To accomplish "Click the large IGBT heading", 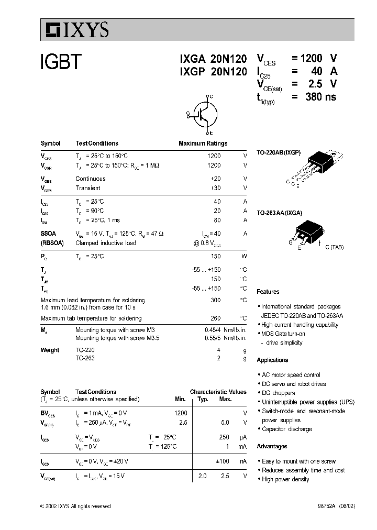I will coord(61,63).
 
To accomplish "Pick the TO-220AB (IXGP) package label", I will coord(279,152).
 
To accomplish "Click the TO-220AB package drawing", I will coord(319,166).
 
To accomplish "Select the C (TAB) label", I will coord(334,247).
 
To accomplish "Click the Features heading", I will coord(268,292).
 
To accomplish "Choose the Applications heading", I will coord(272,360).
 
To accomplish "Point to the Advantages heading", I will coord(272,446).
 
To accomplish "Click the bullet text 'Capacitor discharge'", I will coord(286,429).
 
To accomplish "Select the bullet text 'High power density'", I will coord(285,479).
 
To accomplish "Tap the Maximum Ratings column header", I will coord(203,143).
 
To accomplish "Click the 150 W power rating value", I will coord(215,256).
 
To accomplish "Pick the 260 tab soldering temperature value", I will coord(215,318).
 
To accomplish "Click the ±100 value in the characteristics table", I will coord(223,461).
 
